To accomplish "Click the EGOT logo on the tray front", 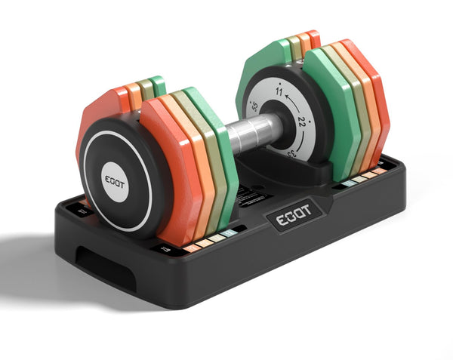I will pos(293,219).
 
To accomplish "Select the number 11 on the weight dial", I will pos(280,93).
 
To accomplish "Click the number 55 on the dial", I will pos(254,107).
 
